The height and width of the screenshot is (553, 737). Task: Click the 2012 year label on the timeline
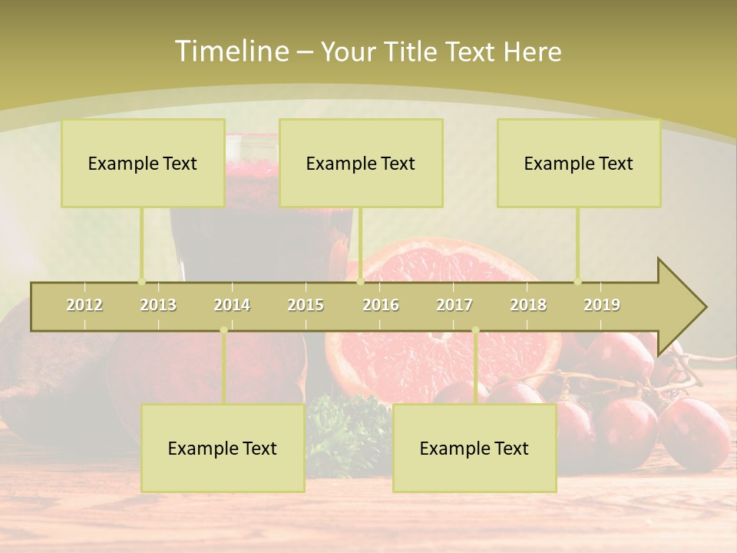click(x=84, y=305)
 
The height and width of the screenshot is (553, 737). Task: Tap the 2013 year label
click(x=158, y=305)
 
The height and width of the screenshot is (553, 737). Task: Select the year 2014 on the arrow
click(x=232, y=305)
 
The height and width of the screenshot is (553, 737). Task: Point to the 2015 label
click(x=306, y=305)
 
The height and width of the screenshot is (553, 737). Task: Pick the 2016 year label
click(x=381, y=305)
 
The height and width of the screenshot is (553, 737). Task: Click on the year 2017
click(x=454, y=305)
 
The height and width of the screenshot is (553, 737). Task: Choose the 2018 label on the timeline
click(x=528, y=305)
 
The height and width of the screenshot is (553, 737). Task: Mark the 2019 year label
click(x=602, y=305)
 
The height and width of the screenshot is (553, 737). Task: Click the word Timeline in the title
click(x=230, y=51)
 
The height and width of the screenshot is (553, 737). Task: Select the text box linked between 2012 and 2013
click(x=143, y=163)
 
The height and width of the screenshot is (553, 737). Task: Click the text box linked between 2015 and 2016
click(x=361, y=163)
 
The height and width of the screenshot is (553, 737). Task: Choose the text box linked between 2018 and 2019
click(x=579, y=163)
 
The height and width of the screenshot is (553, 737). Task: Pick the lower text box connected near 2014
click(x=223, y=448)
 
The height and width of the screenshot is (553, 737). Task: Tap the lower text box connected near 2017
click(x=474, y=448)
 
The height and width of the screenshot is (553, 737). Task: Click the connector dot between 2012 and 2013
click(x=141, y=281)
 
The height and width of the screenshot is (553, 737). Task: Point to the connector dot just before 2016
click(x=360, y=281)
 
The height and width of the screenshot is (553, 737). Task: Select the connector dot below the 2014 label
click(x=223, y=330)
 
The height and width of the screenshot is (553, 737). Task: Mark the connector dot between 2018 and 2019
click(x=578, y=281)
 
